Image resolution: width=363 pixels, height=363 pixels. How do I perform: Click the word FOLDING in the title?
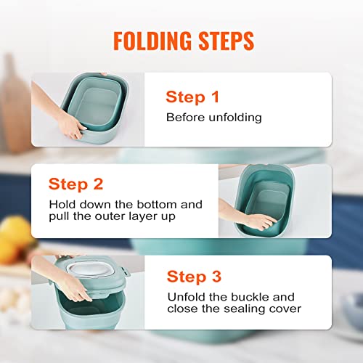click(148, 41)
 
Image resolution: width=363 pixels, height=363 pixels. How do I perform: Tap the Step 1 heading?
click(192, 97)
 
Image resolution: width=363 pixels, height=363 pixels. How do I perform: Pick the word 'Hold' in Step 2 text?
click(63, 205)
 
